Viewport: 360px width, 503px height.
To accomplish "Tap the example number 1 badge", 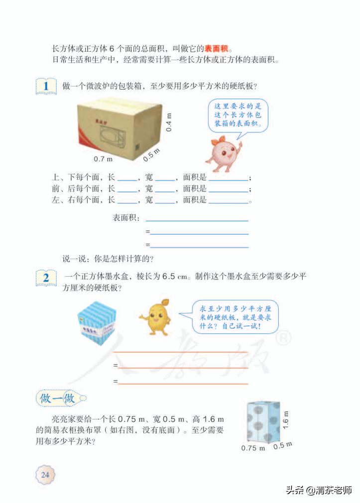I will pos(46,86).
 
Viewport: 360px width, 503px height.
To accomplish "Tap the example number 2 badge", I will pos(46,278).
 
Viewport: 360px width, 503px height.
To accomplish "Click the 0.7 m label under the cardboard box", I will pos(103,159).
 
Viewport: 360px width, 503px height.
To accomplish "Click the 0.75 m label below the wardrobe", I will pos(253,448).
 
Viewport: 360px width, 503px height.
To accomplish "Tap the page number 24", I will pos(45,475).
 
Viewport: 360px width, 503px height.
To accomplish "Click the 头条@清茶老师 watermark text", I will pos(318,490).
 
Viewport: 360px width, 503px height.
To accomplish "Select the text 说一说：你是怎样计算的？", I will pos(107,258).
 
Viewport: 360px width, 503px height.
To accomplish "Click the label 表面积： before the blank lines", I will pos(126,218).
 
